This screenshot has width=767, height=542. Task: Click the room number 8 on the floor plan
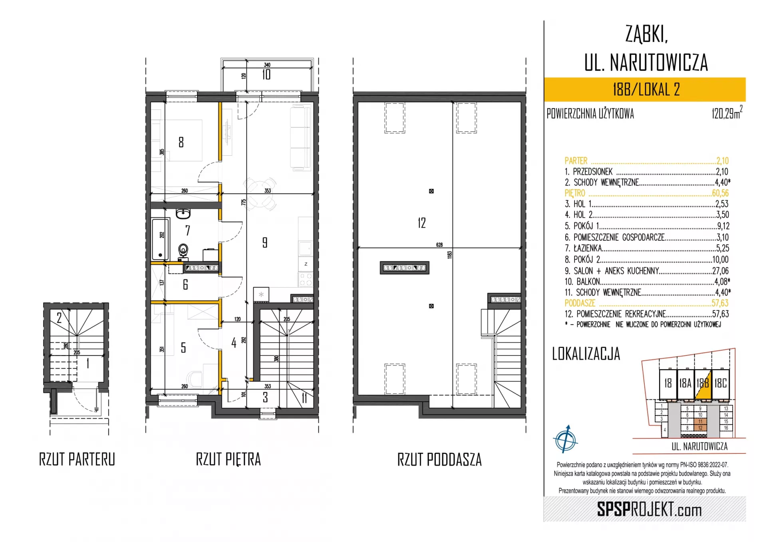(x=181, y=142)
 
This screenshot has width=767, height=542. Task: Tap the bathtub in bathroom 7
(x=161, y=239)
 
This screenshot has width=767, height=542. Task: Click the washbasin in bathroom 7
(x=183, y=213)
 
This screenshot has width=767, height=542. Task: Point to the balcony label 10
(x=266, y=75)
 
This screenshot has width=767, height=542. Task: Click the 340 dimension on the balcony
(x=267, y=65)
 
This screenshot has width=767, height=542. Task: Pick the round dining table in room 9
(x=260, y=194)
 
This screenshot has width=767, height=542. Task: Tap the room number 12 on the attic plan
(x=422, y=223)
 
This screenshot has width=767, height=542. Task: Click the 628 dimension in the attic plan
(x=439, y=245)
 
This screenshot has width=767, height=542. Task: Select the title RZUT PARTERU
(x=77, y=459)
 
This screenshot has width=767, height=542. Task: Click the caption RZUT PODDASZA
(x=439, y=460)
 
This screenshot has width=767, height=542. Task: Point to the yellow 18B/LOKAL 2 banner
(x=645, y=89)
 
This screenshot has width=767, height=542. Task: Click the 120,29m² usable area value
(x=727, y=113)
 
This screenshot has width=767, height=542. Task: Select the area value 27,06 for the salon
(x=720, y=271)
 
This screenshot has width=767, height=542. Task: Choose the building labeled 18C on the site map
(x=721, y=383)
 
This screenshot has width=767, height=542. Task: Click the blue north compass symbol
(x=565, y=439)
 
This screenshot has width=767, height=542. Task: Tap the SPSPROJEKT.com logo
(x=649, y=510)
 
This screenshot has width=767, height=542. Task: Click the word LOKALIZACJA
(x=586, y=354)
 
